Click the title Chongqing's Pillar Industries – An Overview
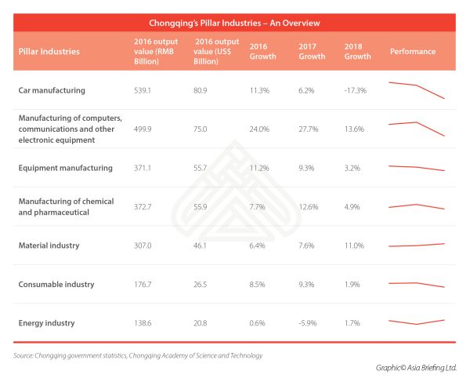click(x=234, y=23)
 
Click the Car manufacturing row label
click(x=52, y=91)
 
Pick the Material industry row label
click(x=49, y=245)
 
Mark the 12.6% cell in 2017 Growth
click(x=308, y=206)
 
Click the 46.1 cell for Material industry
click(x=200, y=245)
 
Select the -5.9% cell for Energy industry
click(x=308, y=322)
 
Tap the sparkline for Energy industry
click(x=417, y=322)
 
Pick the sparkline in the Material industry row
click(x=417, y=245)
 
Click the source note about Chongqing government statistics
click(x=138, y=355)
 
